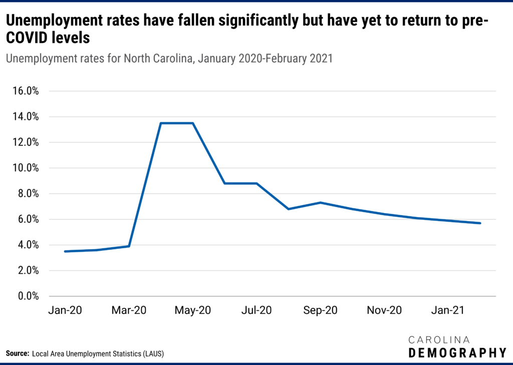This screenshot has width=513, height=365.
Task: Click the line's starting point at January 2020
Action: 65,251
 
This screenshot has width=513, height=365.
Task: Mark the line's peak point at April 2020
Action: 161,123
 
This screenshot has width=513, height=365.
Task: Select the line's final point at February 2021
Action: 480,223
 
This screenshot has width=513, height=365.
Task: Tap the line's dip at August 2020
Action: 289,209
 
